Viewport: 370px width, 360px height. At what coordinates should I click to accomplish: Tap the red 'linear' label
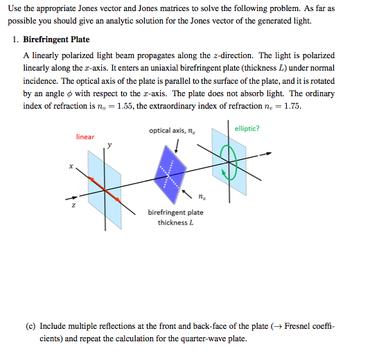click(x=85, y=137)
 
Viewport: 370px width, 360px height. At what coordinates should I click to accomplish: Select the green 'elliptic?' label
click(x=247, y=128)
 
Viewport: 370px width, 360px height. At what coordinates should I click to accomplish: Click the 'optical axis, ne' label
click(x=171, y=130)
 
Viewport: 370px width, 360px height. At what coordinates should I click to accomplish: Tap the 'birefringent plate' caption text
click(x=175, y=213)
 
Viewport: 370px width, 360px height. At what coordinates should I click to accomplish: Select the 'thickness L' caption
click(x=175, y=222)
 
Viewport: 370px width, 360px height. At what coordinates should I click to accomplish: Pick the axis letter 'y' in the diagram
click(x=108, y=145)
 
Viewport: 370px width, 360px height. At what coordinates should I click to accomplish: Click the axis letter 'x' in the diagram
click(x=71, y=165)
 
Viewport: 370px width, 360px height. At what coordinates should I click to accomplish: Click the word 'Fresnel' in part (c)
click(x=300, y=325)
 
